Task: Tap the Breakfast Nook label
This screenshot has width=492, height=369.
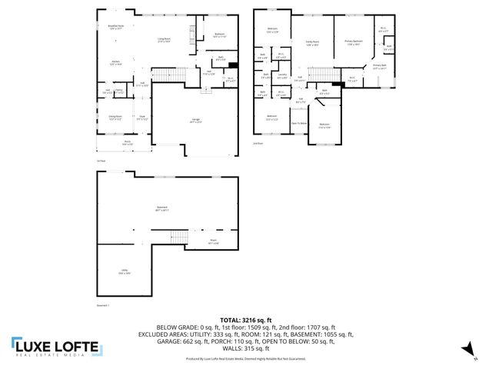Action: (x=116, y=26)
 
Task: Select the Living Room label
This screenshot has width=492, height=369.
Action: (x=164, y=39)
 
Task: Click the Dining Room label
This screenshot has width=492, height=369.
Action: (x=115, y=118)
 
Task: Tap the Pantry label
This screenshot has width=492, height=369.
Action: (x=118, y=91)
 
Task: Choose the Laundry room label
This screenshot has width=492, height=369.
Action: (x=282, y=75)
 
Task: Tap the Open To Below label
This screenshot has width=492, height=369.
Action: (x=299, y=123)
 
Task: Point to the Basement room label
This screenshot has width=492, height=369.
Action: (x=162, y=208)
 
